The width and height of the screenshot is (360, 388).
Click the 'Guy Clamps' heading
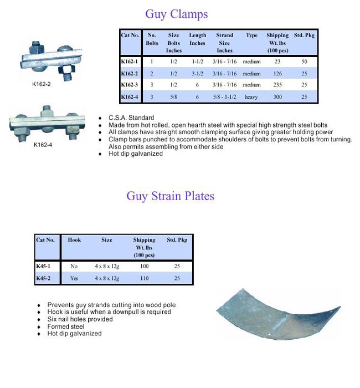coord(177,13)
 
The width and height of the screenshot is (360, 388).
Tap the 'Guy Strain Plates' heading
coord(170,196)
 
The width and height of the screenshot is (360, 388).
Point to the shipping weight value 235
coord(278,85)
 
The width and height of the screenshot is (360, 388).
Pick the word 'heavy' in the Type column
coord(251,97)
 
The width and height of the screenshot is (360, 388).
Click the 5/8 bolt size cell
coord(173,97)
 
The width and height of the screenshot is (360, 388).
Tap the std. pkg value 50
coord(304,62)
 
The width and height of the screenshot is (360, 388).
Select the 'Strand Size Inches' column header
coord(224,43)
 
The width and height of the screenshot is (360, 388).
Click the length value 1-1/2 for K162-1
coord(197,62)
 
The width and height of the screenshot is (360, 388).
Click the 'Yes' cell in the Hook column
coord(74,278)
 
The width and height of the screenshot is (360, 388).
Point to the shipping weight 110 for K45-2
coord(144,278)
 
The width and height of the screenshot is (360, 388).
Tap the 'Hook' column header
coord(74,240)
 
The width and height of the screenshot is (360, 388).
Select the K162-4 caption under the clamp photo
coord(43,145)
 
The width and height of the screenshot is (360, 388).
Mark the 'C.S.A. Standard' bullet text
coord(131,118)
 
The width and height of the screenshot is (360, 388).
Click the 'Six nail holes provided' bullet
coord(81,320)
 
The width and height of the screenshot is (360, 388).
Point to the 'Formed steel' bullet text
coord(67,326)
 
